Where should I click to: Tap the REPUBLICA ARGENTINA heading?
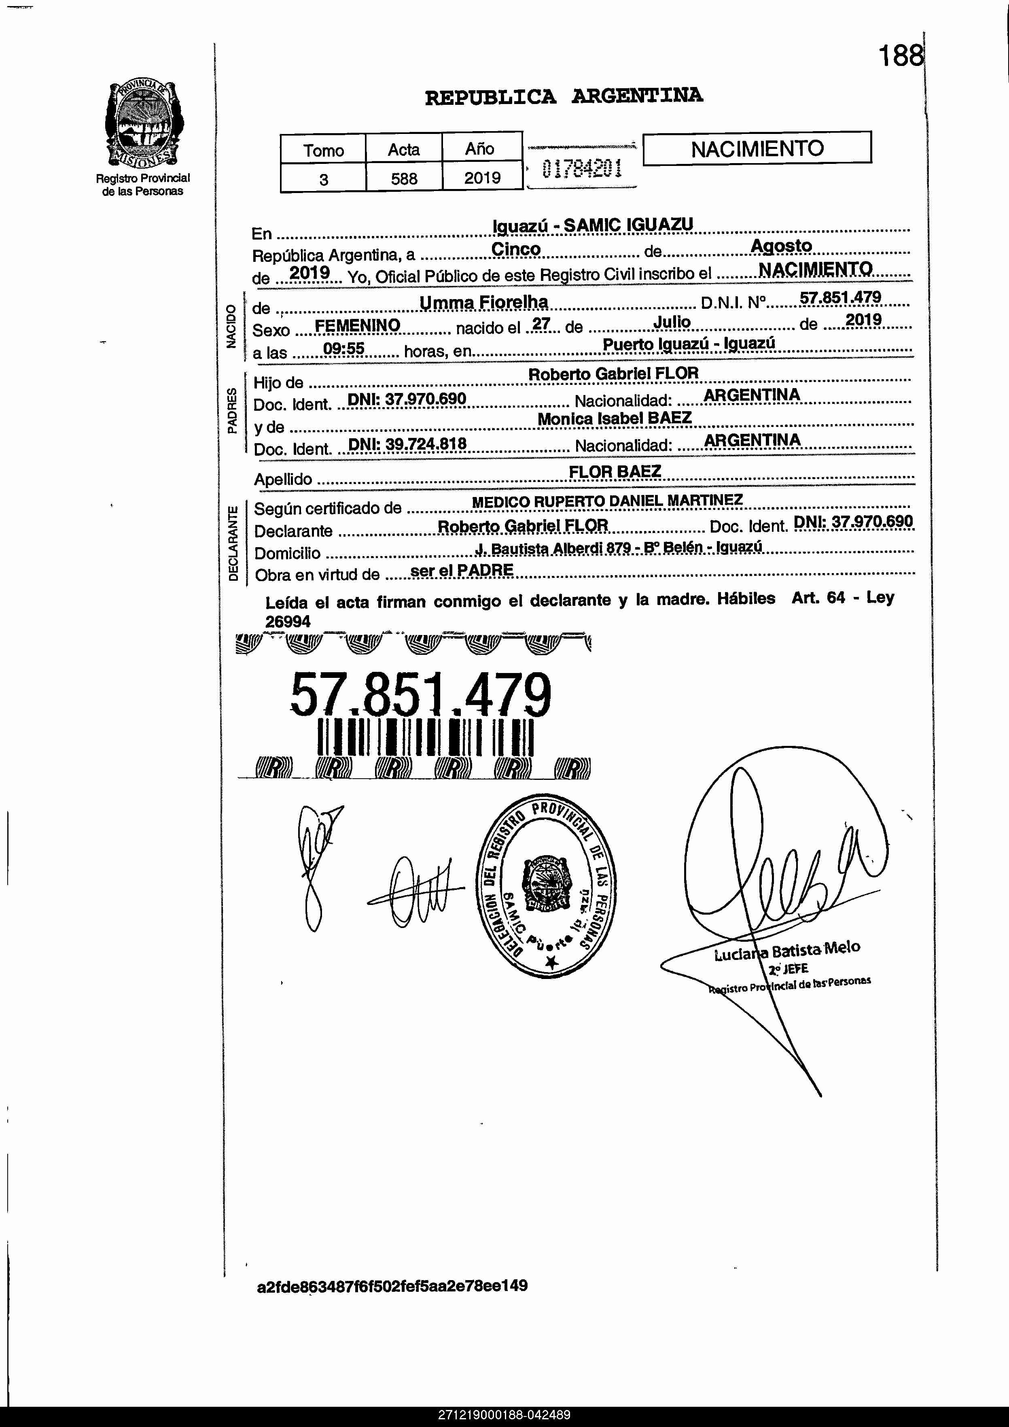[564, 96]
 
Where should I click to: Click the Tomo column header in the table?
[323, 150]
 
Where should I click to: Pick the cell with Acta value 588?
[404, 178]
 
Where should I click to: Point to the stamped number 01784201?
[581, 168]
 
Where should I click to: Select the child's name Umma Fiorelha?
[483, 303]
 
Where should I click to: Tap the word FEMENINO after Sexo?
[357, 325]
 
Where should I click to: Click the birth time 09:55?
[343, 349]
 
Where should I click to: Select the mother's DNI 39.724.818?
[407, 443]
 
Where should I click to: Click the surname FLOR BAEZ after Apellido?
[615, 472]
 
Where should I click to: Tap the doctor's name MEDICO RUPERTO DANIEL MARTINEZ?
[607, 501]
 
